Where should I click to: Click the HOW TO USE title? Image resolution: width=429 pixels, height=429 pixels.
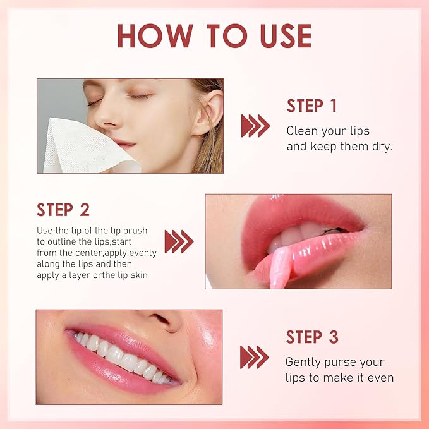coord(214,37)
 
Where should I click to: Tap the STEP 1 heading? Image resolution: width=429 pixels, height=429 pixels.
coord(311,106)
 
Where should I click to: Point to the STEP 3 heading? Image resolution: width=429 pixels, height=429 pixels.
coord(311,337)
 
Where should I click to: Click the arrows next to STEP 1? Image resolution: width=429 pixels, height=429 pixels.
coord(255,126)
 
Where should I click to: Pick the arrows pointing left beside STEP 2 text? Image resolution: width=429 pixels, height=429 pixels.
coord(179,241)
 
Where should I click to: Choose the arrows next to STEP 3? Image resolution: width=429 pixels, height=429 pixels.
coord(254,357)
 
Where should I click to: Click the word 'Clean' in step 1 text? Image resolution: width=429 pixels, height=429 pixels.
coord(301,131)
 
